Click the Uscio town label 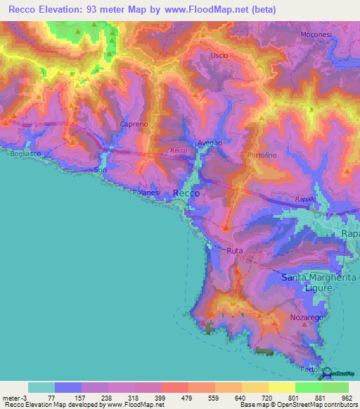pyautogui.click(x=220, y=55)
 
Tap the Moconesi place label pyautogui.click(x=316, y=34)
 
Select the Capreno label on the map pyautogui.click(x=134, y=124)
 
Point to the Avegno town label pyautogui.click(x=210, y=143)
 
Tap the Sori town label pyautogui.click(x=101, y=171)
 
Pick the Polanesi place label pyautogui.click(x=148, y=191)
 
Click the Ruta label pyautogui.click(x=235, y=250)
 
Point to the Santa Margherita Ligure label pyautogui.click(x=316, y=283)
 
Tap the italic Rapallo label pyautogui.click(x=306, y=199)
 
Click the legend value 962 pyautogui.click(x=347, y=397)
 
